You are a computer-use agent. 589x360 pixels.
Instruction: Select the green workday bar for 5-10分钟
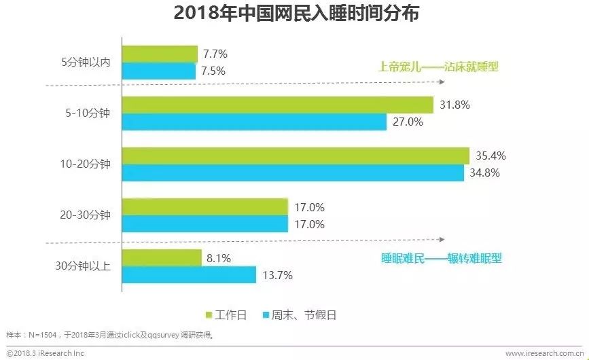[277, 105]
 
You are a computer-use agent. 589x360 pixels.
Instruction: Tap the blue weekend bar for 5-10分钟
[254, 122]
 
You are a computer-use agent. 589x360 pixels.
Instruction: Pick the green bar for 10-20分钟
[296, 156]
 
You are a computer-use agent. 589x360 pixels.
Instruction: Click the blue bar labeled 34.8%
[293, 173]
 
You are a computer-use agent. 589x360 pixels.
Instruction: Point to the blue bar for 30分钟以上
[189, 274]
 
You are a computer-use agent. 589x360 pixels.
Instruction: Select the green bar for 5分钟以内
[160, 54]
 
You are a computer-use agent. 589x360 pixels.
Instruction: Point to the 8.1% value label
[220, 258]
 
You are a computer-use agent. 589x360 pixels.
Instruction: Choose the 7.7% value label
[215, 54]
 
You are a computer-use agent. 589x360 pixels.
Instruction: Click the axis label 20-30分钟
[85, 215]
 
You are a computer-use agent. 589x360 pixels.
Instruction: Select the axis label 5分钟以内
[85, 62]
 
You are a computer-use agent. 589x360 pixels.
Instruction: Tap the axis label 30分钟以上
[85, 266]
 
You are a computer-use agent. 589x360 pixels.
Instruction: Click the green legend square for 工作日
[210, 314]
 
